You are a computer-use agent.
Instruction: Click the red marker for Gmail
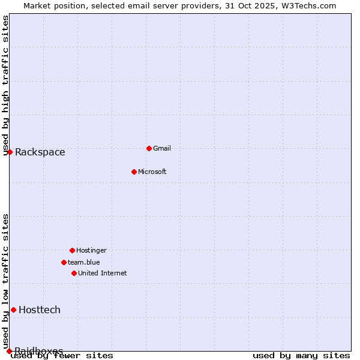(149, 148)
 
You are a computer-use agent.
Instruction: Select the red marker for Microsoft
(134, 172)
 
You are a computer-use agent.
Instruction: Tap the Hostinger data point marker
(72, 250)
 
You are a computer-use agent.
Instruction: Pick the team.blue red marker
(64, 262)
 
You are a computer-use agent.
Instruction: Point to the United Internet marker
(74, 273)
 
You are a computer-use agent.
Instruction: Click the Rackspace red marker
(10, 152)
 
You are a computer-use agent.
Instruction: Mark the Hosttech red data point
(13, 310)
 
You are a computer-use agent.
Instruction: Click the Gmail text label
(162, 148)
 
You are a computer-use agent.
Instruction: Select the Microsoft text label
(152, 172)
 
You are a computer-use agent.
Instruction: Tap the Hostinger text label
(91, 250)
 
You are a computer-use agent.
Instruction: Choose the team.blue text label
(83, 262)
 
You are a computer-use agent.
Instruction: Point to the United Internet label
(102, 273)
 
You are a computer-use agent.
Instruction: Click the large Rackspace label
(40, 152)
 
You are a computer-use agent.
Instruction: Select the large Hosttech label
(40, 310)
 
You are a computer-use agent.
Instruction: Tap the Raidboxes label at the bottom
(39, 350)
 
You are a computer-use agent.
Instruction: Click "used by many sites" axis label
(301, 356)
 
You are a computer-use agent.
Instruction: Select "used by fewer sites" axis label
(62, 356)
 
